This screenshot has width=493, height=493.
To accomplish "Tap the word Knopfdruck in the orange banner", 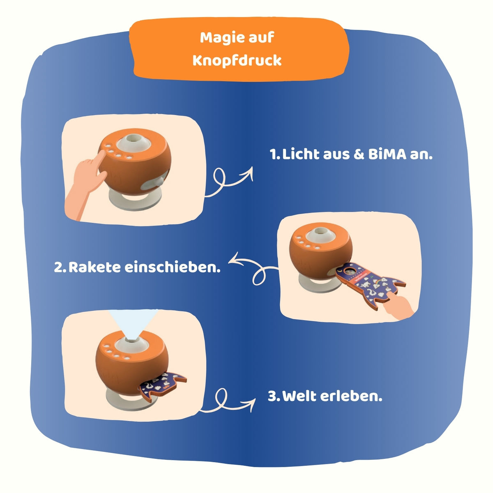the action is point(237,60).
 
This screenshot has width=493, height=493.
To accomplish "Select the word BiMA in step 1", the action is point(387,154).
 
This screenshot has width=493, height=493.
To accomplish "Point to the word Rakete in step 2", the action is point(94,267).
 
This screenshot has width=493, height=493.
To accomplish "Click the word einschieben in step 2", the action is point(173,267).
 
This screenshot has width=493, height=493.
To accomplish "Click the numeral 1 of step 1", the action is point(274,154).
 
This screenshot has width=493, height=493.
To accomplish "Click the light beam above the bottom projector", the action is point(133,324).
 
